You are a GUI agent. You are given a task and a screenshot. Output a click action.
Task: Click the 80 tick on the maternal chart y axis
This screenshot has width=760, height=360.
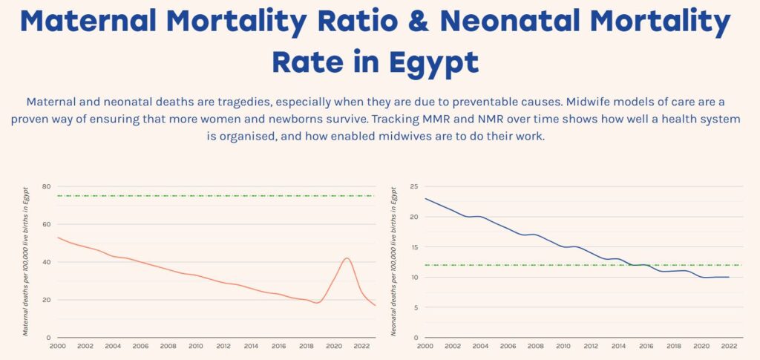click(x=46, y=186)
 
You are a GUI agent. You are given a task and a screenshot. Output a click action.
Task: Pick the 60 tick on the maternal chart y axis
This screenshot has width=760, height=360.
click(x=46, y=224)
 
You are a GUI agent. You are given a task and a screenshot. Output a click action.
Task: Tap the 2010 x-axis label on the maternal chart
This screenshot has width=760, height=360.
click(x=196, y=346)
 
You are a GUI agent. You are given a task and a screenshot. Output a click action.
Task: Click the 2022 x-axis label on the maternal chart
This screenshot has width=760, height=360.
click(x=361, y=346)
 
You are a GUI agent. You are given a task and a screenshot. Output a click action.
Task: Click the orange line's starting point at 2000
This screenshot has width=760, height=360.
click(x=58, y=238)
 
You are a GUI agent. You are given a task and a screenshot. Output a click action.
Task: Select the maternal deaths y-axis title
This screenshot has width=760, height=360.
click(x=25, y=261)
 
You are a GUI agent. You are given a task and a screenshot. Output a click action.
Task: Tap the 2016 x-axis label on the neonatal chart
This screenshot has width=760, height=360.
click(x=645, y=346)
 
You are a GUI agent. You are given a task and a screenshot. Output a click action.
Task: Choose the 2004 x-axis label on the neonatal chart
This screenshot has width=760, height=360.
click(x=480, y=346)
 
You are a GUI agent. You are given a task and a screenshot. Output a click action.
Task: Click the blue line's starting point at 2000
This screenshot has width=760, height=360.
click(x=425, y=199)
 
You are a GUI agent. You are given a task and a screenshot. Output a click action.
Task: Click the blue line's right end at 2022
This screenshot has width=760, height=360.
click(x=729, y=277)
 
